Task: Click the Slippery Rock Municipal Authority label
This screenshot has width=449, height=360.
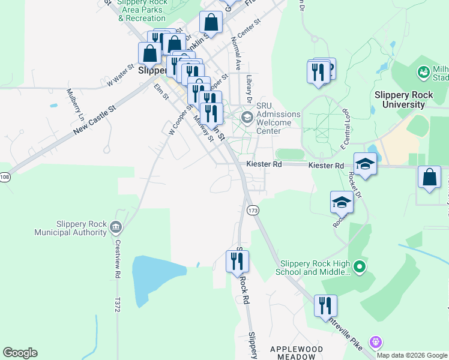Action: click(70, 228)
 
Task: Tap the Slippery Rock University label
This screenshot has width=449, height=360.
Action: click(399, 100)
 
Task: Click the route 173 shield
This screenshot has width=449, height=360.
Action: click(252, 210)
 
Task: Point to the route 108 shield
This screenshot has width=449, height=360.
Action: click(4, 177)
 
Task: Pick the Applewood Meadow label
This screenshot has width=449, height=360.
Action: click(297, 352)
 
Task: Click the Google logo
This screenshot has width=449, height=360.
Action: click(20, 353)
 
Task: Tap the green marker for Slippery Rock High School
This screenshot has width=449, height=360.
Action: click(359, 265)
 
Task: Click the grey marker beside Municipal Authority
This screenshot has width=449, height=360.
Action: click(115, 227)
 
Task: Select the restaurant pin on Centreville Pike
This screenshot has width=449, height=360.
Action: click(325, 305)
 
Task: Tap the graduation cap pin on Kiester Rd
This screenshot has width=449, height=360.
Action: click(364, 164)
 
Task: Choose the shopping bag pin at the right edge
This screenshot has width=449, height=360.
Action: click(429, 178)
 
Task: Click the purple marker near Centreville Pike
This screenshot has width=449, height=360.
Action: click(376, 342)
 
